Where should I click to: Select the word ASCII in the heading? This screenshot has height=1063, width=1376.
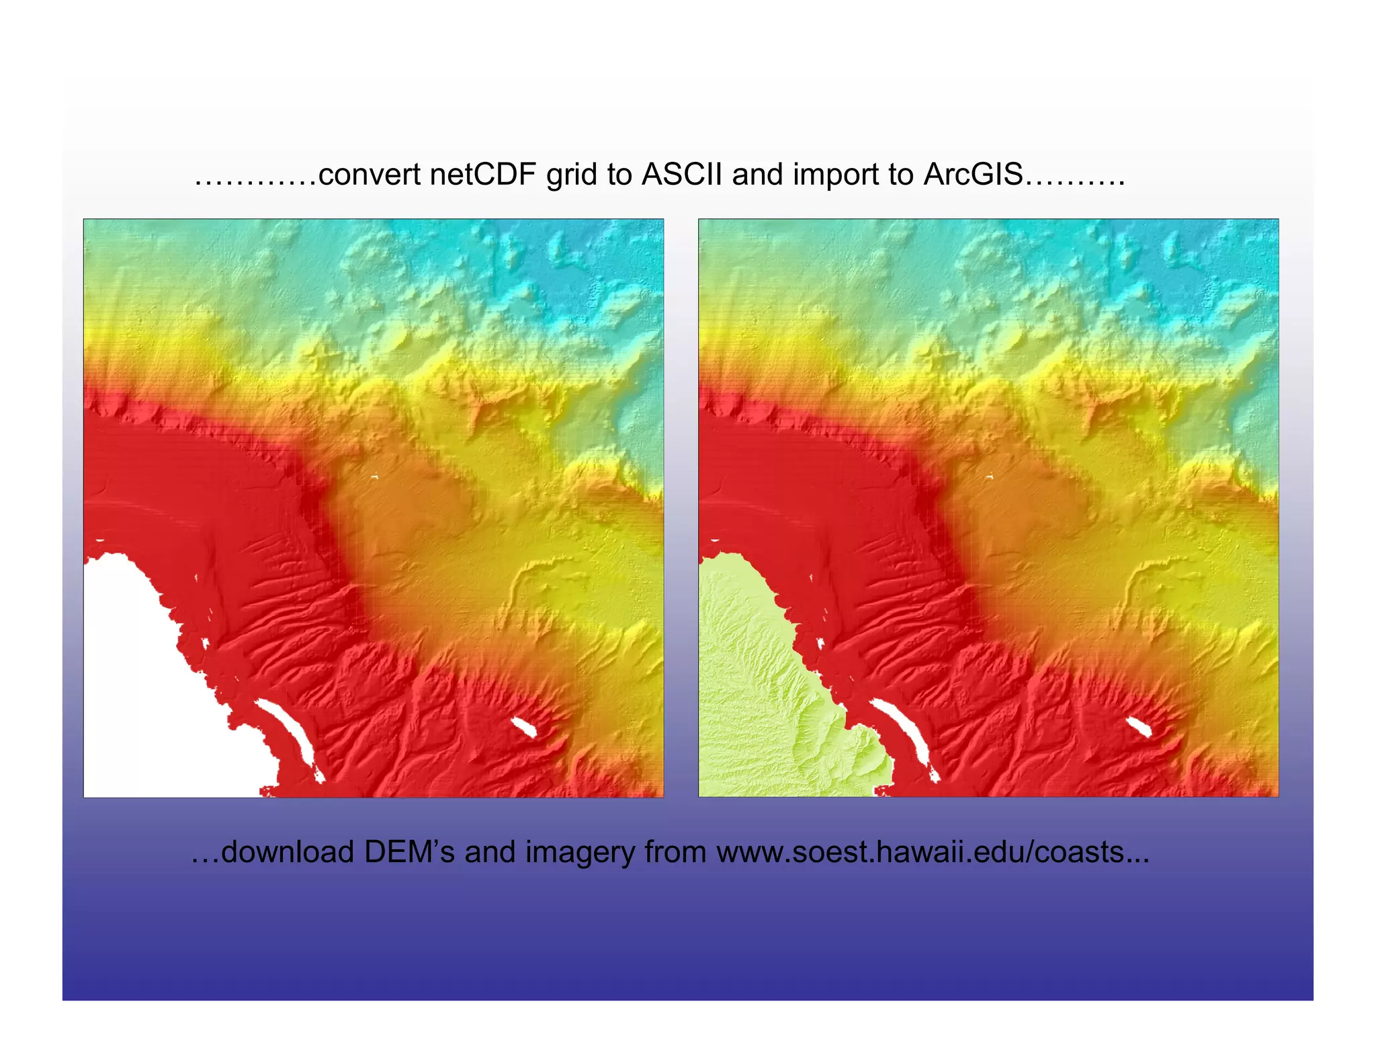pos(681,175)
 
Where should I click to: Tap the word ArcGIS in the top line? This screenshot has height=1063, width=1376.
pos(973,175)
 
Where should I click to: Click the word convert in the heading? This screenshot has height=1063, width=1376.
pos(370,175)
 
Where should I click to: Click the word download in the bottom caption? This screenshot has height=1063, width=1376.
pos(288,852)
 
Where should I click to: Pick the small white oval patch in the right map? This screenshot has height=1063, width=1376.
pos(1138,726)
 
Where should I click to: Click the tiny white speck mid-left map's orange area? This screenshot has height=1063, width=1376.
pos(375,477)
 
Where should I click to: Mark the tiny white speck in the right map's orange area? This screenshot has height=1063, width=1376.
pos(990,477)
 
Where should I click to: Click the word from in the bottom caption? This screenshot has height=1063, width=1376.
pos(675,852)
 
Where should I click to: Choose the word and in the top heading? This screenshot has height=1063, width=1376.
pos(757,175)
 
